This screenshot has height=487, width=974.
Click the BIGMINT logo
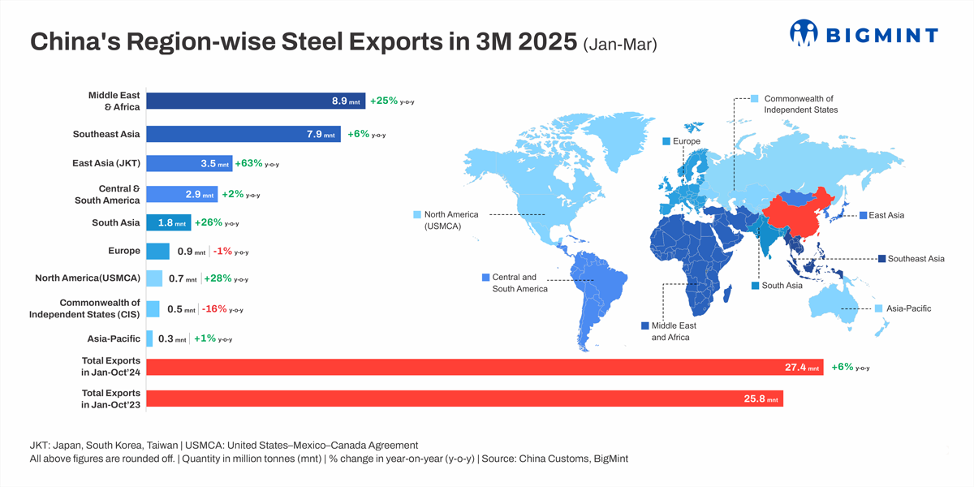(x=864, y=33)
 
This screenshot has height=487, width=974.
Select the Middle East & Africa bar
(x=256, y=101)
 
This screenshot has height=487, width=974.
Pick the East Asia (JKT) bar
(x=189, y=163)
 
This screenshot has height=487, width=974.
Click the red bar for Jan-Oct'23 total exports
(x=464, y=399)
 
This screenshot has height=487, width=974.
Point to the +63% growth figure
(x=248, y=163)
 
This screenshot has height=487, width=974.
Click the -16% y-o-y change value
(x=215, y=308)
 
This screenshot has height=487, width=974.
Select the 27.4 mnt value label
(x=802, y=368)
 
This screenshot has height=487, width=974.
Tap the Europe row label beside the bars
(x=124, y=251)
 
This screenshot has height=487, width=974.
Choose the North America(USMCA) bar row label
(x=88, y=278)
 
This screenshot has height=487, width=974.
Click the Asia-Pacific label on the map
(x=908, y=308)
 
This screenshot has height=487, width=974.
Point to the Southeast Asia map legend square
(x=881, y=259)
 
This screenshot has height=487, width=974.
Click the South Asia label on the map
(x=782, y=286)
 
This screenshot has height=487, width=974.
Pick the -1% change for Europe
(x=222, y=252)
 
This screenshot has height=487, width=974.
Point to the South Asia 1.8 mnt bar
(x=168, y=222)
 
